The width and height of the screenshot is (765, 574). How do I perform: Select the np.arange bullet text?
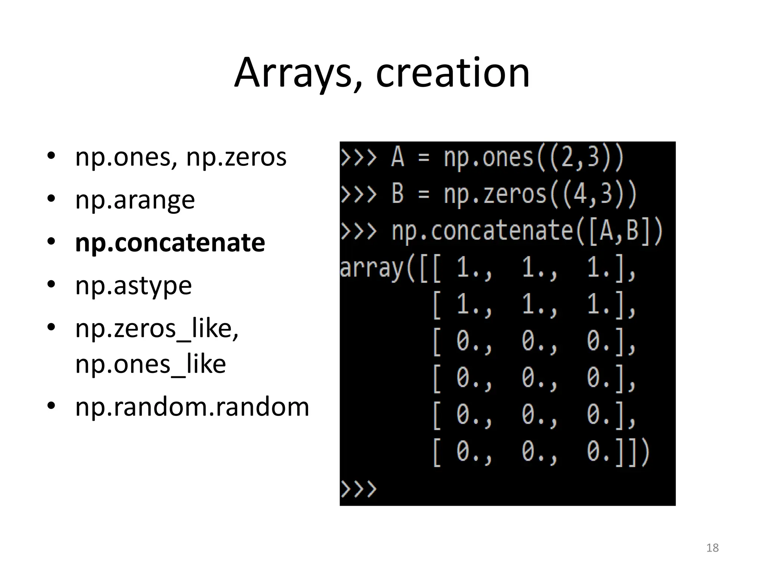click(135, 200)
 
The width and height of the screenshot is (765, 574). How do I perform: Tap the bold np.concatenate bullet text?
click(170, 243)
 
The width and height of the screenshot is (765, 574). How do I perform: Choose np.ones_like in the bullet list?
click(151, 364)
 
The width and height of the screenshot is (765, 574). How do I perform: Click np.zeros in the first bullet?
click(236, 157)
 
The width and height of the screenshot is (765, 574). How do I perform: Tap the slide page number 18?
click(712, 548)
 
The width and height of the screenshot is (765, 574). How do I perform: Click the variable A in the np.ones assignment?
click(397, 157)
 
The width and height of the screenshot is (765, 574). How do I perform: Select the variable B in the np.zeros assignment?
click(397, 194)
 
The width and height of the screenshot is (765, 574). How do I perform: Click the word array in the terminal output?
click(372, 268)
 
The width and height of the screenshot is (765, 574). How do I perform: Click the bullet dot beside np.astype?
click(51, 286)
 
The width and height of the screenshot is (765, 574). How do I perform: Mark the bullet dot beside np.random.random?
click(51, 406)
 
